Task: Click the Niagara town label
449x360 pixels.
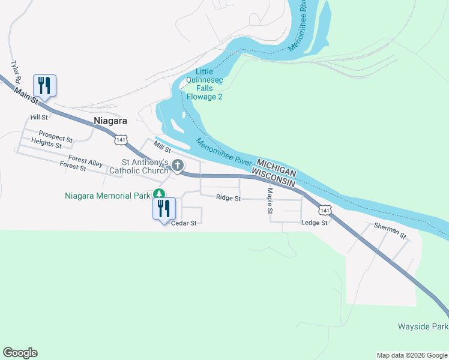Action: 110,121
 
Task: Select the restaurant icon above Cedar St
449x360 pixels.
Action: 163,209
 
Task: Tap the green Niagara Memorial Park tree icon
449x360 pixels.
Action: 158,194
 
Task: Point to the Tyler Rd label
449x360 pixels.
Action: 16,71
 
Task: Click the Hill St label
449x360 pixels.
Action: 39,117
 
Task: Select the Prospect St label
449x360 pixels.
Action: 55,136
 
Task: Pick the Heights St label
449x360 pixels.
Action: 46,143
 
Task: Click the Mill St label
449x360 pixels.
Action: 163,146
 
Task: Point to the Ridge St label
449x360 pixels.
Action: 228,197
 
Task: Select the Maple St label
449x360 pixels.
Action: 270,201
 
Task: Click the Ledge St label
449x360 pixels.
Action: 315,223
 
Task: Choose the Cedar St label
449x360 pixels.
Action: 184,223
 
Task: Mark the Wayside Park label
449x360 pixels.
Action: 423,327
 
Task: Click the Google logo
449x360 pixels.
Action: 20,353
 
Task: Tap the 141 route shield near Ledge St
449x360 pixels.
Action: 325,210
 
